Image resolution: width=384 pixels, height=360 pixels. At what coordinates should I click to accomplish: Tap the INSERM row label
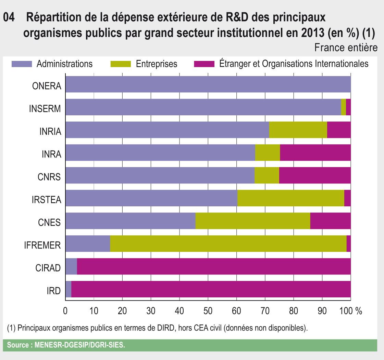pos(45,109)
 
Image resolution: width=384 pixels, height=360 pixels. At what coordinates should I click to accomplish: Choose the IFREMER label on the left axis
pos(42,246)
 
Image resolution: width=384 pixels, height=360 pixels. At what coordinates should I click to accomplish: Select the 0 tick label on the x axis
pos(65,311)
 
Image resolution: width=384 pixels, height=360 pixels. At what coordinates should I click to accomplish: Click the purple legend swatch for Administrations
pos(22,64)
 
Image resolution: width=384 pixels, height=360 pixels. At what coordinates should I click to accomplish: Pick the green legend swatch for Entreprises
pos(121,64)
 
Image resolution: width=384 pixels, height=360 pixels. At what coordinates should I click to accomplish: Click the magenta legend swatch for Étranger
pos(204,64)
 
